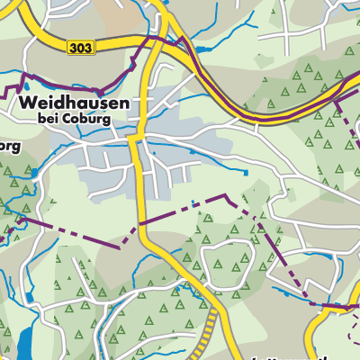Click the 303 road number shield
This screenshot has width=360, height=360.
(79, 47)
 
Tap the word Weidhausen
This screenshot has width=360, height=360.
(71, 103)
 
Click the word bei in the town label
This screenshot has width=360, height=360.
(49, 118)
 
